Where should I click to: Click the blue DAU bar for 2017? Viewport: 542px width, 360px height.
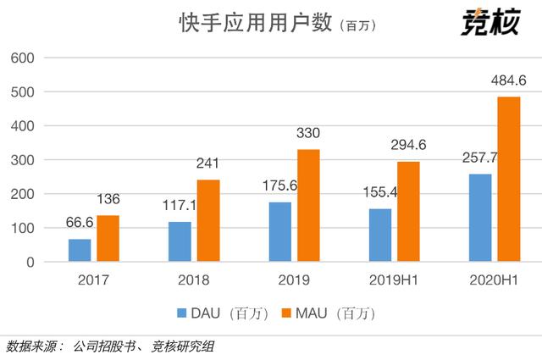(80, 251)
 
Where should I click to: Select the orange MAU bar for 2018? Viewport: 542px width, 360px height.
(207, 221)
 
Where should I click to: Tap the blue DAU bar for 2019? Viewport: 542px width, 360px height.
(279, 232)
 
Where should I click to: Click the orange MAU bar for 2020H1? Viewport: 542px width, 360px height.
(508, 180)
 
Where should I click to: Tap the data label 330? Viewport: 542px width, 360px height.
(308, 134)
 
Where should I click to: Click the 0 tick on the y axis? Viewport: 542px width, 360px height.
(29, 263)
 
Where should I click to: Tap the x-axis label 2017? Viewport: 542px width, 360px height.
(94, 280)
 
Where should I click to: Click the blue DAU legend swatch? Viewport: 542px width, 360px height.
(181, 314)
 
